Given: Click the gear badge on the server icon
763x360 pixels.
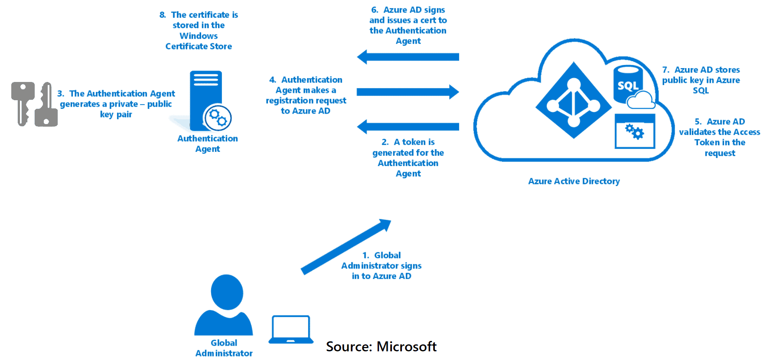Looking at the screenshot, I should coord(218,118).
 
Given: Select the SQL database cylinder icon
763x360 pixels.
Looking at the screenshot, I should coord(627,85).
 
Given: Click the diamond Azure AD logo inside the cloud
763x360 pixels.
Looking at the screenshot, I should coord(574,101).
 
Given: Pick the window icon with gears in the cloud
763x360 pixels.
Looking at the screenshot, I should coord(635,131).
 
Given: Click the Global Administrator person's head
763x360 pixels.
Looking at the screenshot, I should coord(227,291).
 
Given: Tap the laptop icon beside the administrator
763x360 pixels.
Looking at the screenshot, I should coord(290,330).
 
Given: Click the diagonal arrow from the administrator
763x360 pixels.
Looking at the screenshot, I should coord(346,247).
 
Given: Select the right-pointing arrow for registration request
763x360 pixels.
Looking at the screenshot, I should coord(408,92).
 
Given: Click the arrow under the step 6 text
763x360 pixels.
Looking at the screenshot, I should coord(408,57).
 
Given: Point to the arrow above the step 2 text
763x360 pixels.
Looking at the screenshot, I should coord(408,127).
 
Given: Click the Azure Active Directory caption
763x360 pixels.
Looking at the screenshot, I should coord(574,181).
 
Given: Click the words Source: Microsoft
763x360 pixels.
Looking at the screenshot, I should coord(381,347).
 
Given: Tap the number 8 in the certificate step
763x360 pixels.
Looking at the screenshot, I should coord(162,15).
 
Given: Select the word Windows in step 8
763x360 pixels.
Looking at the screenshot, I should coord(199,36).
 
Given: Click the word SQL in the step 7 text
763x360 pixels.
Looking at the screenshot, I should coord(701,91).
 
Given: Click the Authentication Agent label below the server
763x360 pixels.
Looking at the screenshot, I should coord(208,144).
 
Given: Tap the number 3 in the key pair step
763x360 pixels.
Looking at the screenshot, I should coord(60,94).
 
